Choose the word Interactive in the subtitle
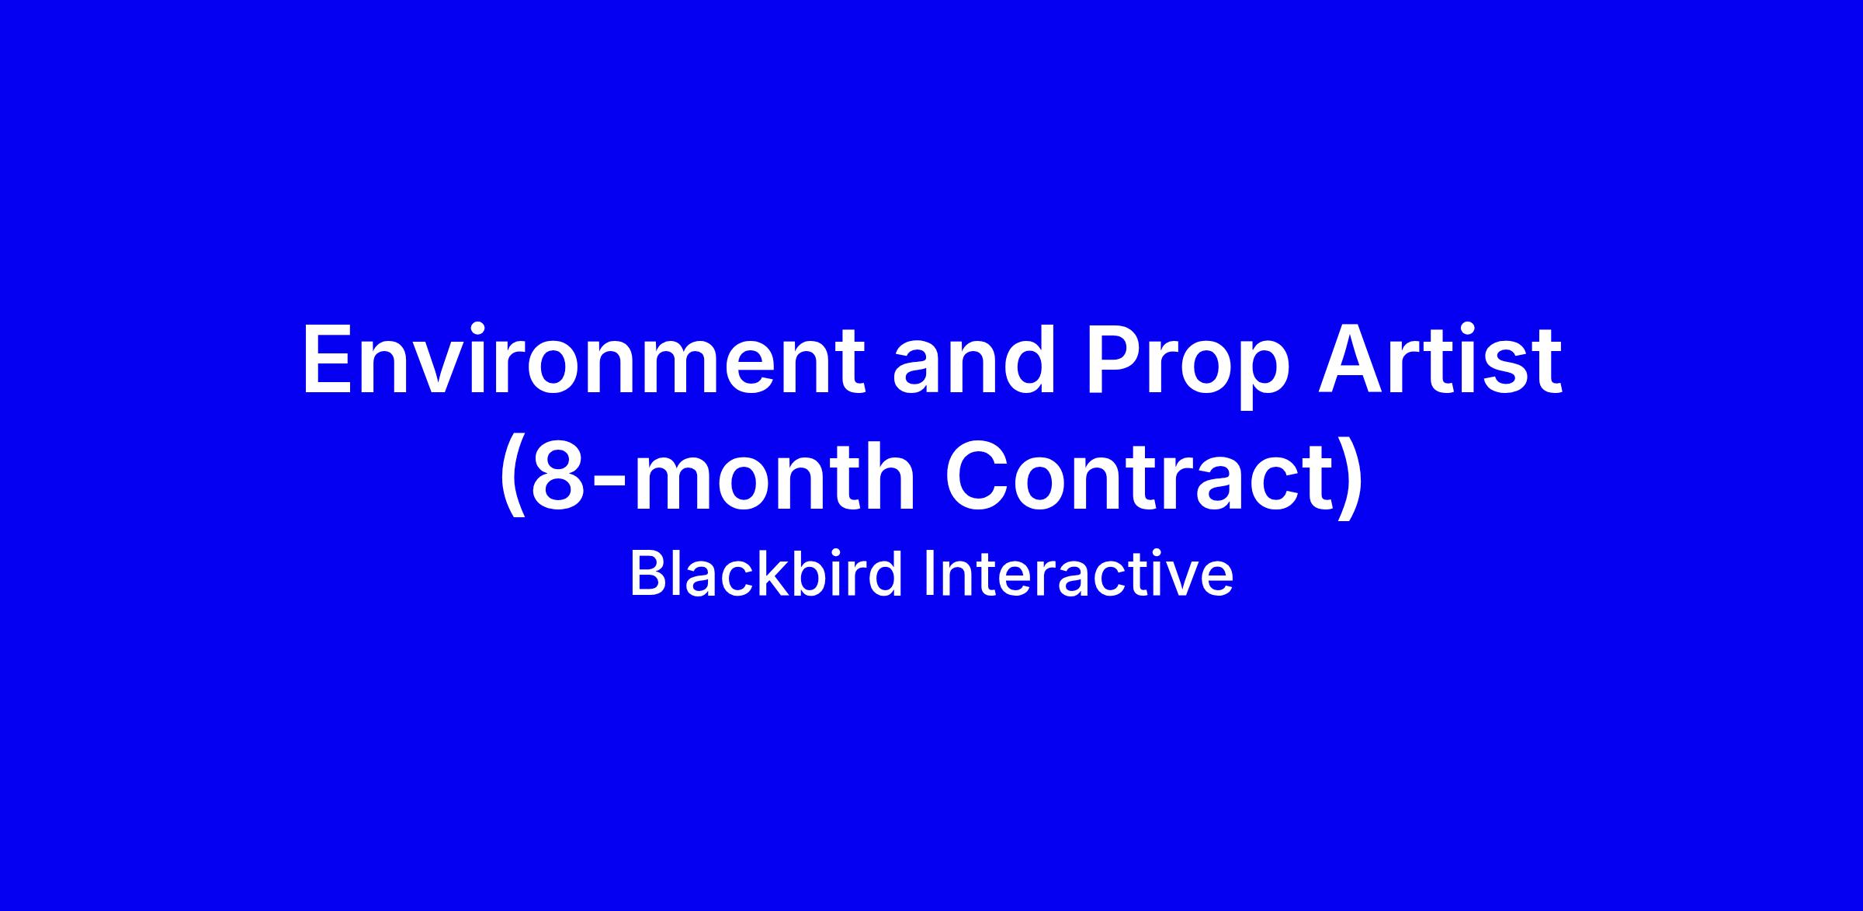pyautogui.click(x=1078, y=575)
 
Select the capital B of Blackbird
pyautogui.click(x=648, y=575)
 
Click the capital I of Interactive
pyautogui.click(x=929, y=575)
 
